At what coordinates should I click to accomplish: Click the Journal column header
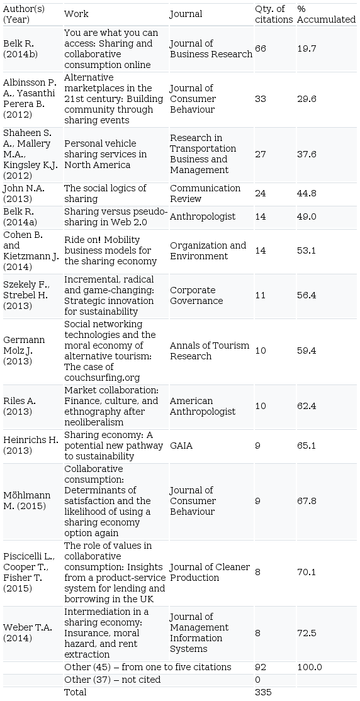(x=186, y=14)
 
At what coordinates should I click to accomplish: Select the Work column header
(x=76, y=14)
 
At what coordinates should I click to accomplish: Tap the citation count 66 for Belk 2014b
(x=261, y=48)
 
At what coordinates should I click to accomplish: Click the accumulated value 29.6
(x=307, y=99)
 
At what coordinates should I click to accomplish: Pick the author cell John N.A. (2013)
(x=24, y=194)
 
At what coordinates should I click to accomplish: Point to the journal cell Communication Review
(x=205, y=194)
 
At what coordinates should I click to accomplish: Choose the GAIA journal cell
(x=181, y=446)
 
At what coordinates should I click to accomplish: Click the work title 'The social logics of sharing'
(x=105, y=194)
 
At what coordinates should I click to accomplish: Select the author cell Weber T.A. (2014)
(x=27, y=633)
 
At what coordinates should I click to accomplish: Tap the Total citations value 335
(x=263, y=693)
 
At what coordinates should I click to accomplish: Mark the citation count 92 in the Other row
(x=261, y=668)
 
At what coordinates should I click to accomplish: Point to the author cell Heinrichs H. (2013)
(x=31, y=446)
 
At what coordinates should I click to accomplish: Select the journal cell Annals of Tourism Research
(x=210, y=351)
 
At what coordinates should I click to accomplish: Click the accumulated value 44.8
(x=307, y=194)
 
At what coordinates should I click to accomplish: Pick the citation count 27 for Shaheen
(x=261, y=154)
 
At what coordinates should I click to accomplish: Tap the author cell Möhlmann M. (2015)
(x=27, y=501)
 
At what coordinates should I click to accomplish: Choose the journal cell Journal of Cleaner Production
(x=210, y=573)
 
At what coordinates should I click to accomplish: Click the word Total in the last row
(x=76, y=693)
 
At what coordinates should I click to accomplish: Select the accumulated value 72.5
(x=307, y=634)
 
